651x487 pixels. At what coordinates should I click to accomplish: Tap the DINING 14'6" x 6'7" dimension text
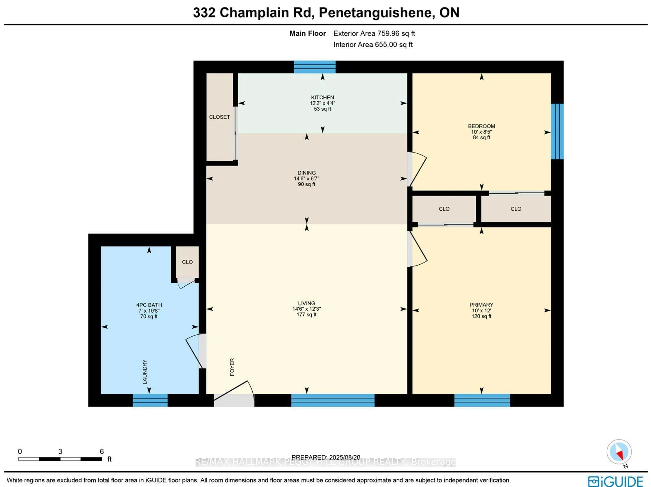(306, 179)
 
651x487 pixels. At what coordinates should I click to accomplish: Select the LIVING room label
(306, 303)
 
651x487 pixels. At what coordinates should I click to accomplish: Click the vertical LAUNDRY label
(144, 372)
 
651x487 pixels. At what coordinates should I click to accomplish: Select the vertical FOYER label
(232, 367)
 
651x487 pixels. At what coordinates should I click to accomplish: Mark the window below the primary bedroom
(482, 400)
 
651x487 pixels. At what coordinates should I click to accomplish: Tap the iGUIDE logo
(615, 481)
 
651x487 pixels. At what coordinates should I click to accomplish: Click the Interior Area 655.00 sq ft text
(373, 45)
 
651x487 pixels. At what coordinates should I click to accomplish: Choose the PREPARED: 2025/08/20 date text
(326, 457)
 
